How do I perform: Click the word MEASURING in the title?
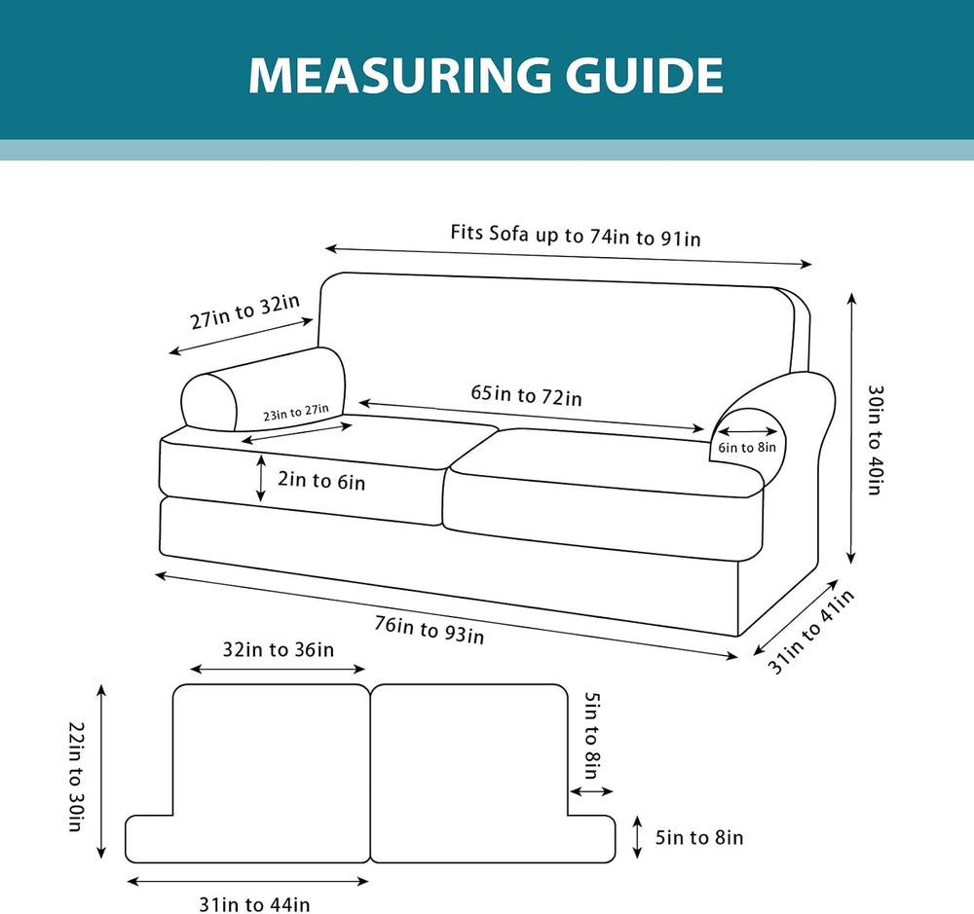(399, 76)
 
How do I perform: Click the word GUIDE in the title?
(644, 76)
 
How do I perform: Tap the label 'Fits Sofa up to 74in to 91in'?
(576, 236)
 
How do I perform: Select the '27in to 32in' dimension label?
(244, 311)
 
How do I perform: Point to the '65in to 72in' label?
(526, 395)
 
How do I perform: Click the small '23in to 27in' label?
(296, 413)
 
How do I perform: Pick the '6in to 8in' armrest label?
(747, 447)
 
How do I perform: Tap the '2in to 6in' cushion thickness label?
(321, 481)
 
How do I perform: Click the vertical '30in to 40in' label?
(876, 440)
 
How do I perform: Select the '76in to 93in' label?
(429, 630)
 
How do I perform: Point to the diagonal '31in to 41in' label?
(810, 632)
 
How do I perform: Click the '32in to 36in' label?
(279, 649)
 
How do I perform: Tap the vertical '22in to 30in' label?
(76, 776)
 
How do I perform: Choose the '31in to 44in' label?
(254, 904)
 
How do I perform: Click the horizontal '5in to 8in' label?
(699, 838)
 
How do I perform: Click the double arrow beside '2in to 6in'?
(261, 478)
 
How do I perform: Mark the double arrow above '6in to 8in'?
(747, 431)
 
